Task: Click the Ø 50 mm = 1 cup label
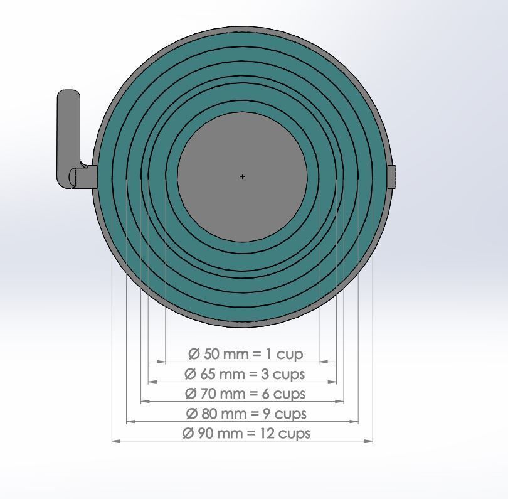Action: tap(245, 354)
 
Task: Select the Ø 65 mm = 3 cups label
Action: tap(245, 374)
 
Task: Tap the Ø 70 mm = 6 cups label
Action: tap(245, 394)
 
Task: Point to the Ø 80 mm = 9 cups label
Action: tap(246, 414)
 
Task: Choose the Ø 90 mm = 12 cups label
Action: tap(246, 433)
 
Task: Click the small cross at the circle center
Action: tap(242, 176)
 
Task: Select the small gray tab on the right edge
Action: tap(392, 176)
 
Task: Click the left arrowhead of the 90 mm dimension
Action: tap(115, 441)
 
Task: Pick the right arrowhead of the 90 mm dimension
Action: tap(369, 441)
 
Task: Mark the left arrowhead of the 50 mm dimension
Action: tap(161, 362)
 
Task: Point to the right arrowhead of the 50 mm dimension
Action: tap(324, 362)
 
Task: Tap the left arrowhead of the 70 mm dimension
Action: tap(145, 401)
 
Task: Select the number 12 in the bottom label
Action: tap(266, 433)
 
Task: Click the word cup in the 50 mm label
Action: tap(290, 355)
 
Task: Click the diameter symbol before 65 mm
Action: tap(190, 374)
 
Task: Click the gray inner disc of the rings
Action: tap(242, 151)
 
